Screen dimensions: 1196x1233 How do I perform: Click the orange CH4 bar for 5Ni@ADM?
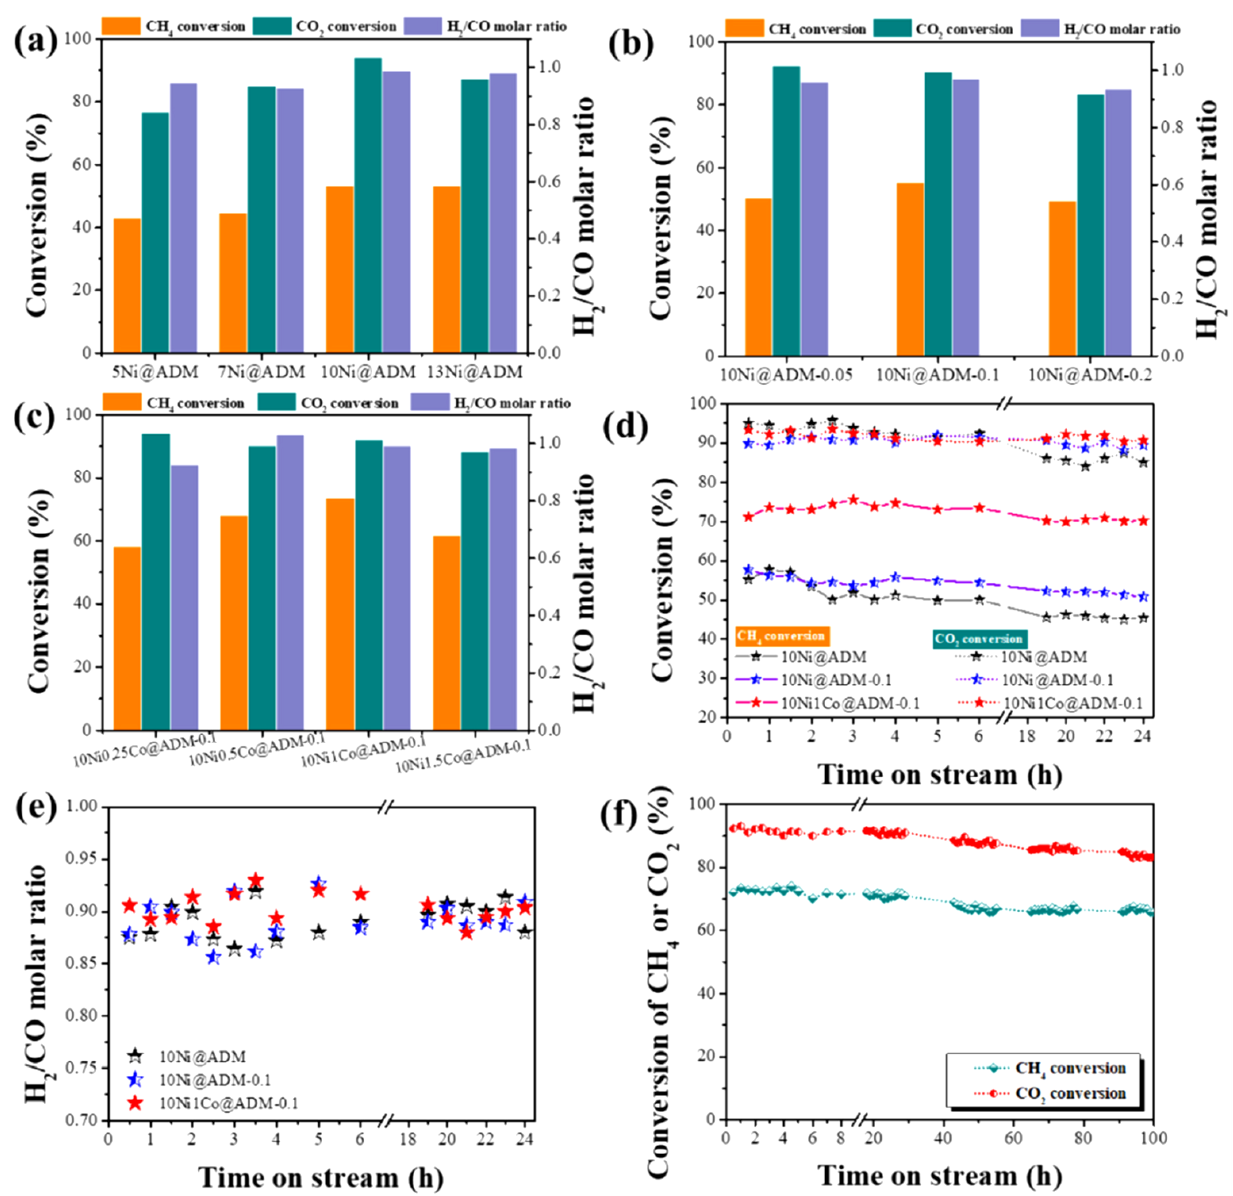pyautogui.click(x=126, y=285)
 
